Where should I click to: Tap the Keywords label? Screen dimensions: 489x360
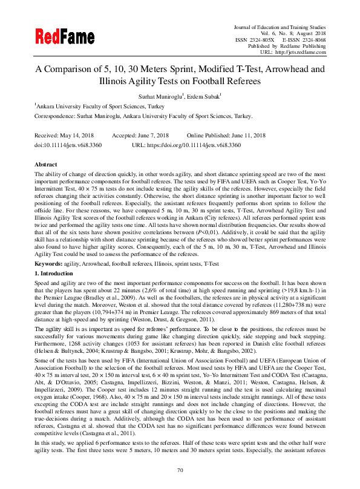(49, 264)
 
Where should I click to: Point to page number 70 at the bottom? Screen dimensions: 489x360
(180, 470)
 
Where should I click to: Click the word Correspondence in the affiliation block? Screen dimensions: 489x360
(56, 116)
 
